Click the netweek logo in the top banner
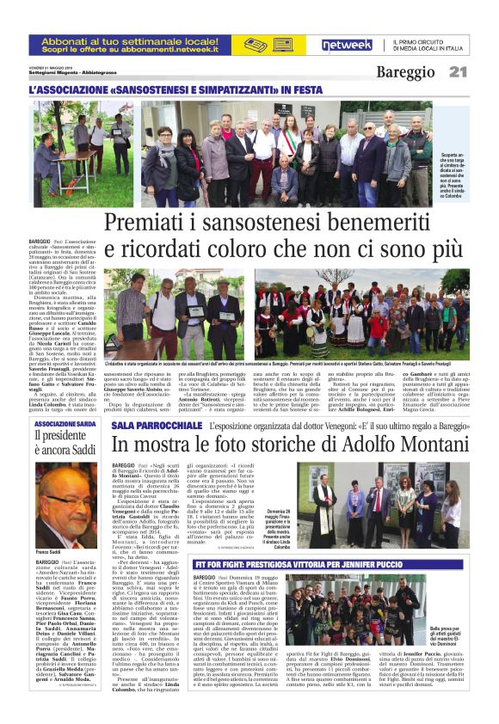(347, 46)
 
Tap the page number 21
(457, 72)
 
